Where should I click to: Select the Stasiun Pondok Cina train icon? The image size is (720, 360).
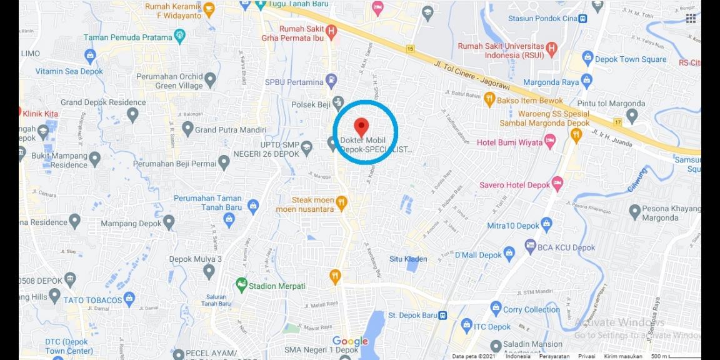pyautogui.click(x=582, y=18)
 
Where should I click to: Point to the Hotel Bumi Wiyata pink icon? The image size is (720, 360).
pyautogui.click(x=550, y=142)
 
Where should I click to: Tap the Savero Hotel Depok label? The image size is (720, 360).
pyautogui.click(x=514, y=185)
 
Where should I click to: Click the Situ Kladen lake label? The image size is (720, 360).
pyautogui.click(x=408, y=259)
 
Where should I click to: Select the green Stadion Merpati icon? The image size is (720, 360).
pyautogui.click(x=241, y=285)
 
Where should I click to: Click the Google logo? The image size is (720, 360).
pyautogui.click(x=350, y=341)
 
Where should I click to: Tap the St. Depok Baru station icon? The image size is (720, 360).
pyautogui.click(x=442, y=315)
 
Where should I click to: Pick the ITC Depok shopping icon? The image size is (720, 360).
pyautogui.click(x=466, y=326)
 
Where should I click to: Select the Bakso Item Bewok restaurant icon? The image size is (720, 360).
pyautogui.click(x=489, y=100)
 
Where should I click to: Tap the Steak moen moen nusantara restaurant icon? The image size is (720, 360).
pyautogui.click(x=341, y=201)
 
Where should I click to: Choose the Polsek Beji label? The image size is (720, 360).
pyautogui.click(x=310, y=104)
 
